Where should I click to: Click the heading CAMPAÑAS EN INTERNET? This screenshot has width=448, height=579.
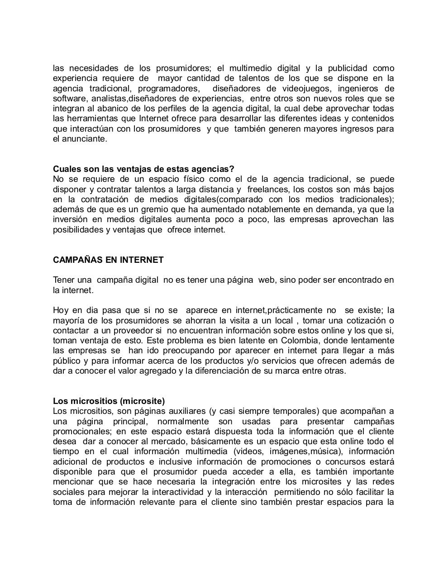pos(108,260)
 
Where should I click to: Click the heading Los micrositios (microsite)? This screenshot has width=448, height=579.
pos(109,401)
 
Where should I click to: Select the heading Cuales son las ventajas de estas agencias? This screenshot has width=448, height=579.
pos(143,169)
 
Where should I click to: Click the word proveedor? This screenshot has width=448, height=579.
pos(134,331)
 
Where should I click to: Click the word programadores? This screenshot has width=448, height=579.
pos(168,89)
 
